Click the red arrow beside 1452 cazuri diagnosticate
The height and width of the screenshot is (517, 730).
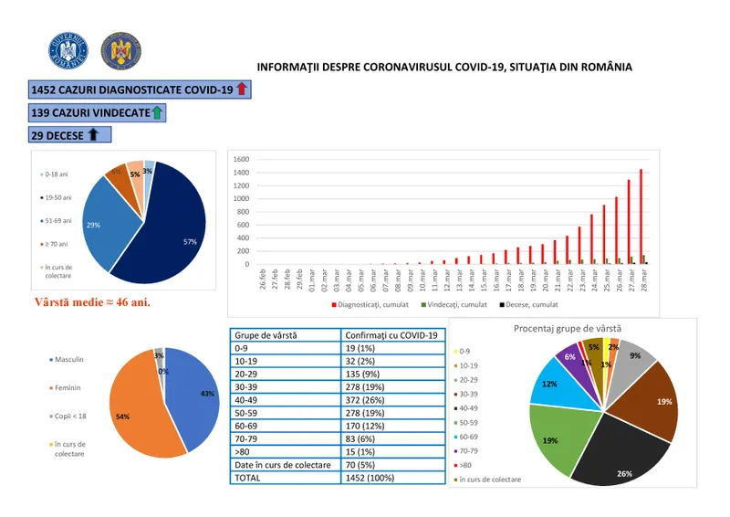point(241,89)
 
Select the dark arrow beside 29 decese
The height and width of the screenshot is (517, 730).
point(92,135)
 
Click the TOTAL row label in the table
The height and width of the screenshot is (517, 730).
point(249,477)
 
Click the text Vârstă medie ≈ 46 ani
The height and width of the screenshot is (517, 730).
point(92,301)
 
